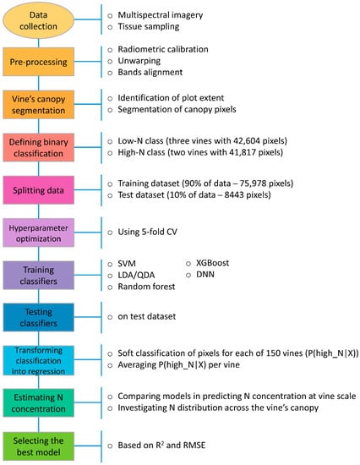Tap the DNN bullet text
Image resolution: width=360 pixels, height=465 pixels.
206,276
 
